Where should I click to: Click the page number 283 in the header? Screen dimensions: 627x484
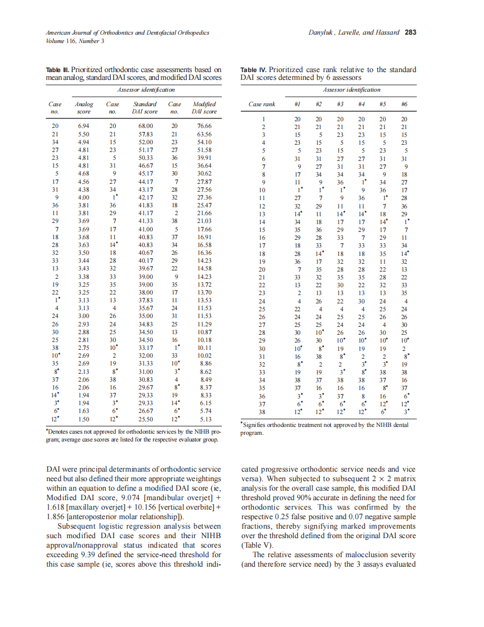pos(410,33)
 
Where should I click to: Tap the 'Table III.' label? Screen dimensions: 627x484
pos(58,70)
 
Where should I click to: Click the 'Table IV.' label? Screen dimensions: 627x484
pos(252,70)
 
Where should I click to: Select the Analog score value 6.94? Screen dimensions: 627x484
pos(83,126)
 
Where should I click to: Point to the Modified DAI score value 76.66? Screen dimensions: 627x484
pos(204,126)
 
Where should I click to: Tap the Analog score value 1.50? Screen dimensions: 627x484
pos(83,419)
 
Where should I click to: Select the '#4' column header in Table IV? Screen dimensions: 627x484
pos(362,104)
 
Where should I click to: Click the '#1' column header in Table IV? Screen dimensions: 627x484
pos(297,104)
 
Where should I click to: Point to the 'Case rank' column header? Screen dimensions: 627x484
pos(262,104)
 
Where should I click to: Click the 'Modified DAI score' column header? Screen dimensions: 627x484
pos(204,108)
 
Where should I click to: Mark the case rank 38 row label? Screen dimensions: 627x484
pos(262,411)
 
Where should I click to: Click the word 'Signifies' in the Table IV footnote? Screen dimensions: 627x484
pos(256,425)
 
